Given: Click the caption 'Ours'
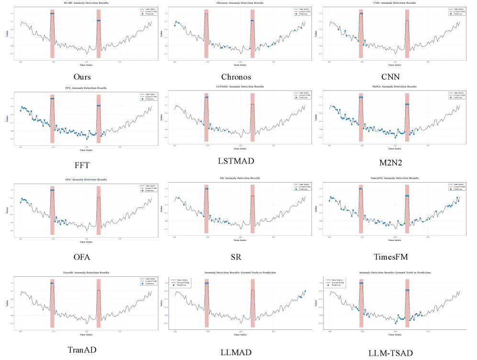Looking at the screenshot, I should [82, 76].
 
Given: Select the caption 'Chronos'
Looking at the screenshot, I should [236, 76].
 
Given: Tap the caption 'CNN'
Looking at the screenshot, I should [390, 76].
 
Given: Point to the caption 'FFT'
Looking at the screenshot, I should [82, 165].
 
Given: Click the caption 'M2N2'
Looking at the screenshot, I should [390, 163].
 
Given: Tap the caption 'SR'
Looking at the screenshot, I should [236, 257].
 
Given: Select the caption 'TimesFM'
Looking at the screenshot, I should [390, 257].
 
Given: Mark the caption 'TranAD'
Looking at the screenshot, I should [82, 350].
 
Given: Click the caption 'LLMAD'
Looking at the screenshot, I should [236, 352].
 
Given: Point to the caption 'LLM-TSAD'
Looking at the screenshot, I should [390, 353].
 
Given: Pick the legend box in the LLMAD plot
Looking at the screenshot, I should [181, 282].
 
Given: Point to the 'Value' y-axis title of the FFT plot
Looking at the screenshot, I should [8, 118].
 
